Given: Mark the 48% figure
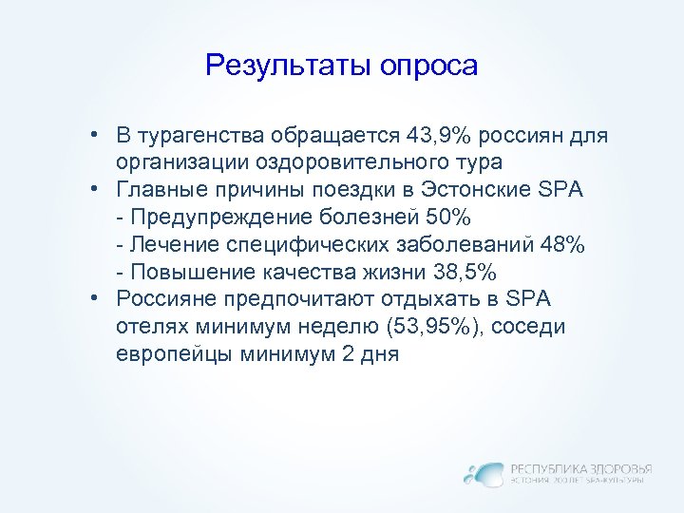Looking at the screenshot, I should (x=560, y=244).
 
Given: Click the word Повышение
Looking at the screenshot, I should (x=178, y=272).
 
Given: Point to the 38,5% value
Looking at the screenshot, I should (x=465, y=272).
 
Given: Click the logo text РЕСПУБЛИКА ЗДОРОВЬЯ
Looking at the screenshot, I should (x=581, y=467).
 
